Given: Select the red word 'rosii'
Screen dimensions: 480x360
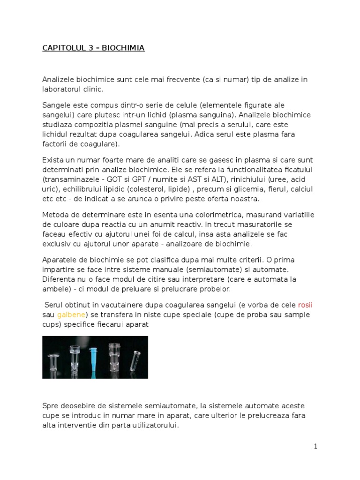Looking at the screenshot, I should (x=305, y=305).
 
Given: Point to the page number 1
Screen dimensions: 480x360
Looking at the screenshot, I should (x=315, y=446).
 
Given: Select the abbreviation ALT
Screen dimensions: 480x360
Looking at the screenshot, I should (x=213, y=179).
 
